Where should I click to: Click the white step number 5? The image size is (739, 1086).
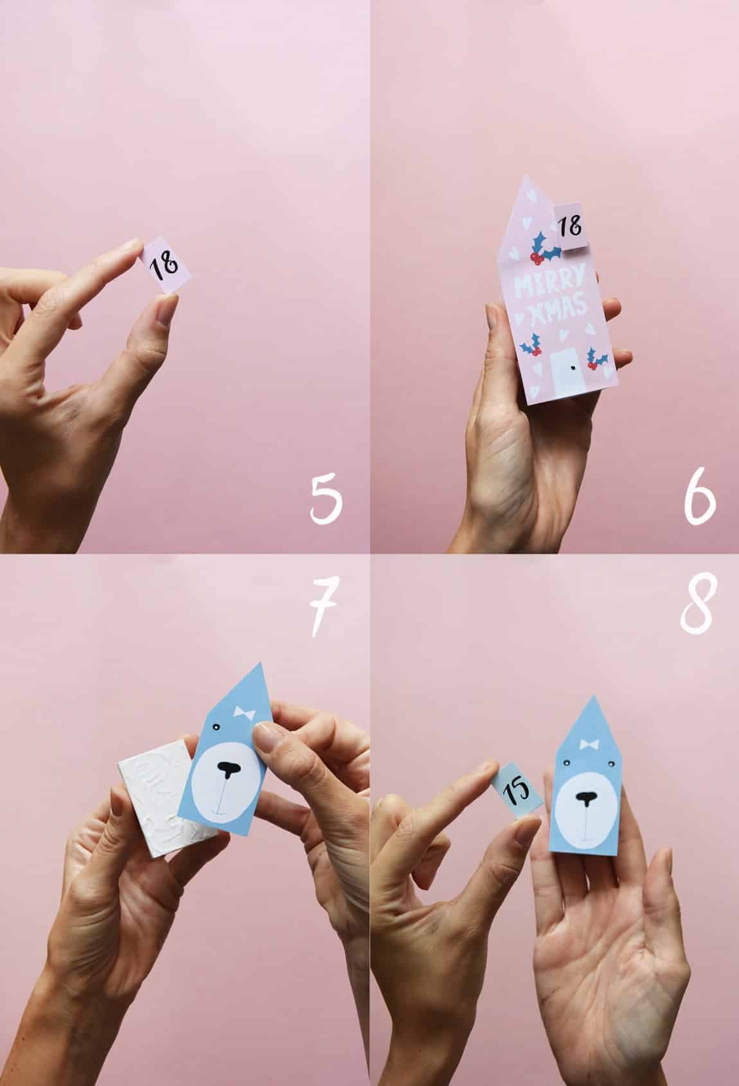pos(326,499)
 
